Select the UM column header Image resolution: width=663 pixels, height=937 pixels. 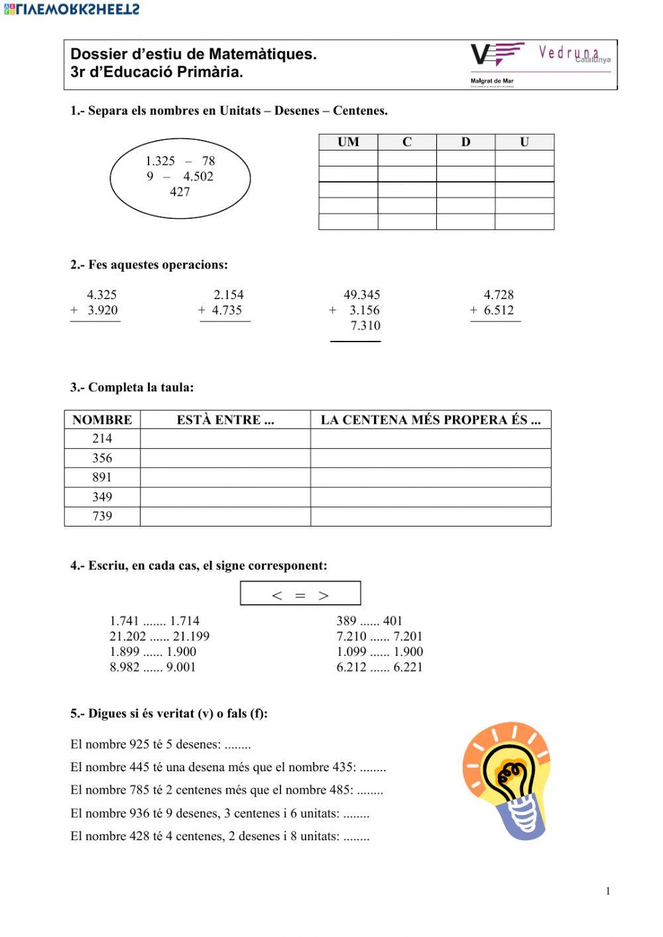(x=348, y=142)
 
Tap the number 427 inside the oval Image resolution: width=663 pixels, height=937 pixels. (x=180, y=192)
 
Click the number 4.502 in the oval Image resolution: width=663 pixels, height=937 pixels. (x=198, y=176)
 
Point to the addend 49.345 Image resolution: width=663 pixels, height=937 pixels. (x=361, y=295)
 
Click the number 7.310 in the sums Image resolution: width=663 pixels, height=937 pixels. (x=365, y=326)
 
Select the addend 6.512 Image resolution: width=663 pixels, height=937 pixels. (x=499, y=310)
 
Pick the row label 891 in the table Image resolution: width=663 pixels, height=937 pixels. (x=102, y=477)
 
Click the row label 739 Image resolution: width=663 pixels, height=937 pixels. (x=102, y=517)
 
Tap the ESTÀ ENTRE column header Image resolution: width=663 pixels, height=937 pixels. (x=225, y=420)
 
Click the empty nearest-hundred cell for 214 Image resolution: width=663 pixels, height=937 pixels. (x=430, y=439)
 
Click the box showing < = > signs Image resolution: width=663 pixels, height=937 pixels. (x=300, y=594)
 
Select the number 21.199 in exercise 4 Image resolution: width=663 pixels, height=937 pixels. (x=191, y=637)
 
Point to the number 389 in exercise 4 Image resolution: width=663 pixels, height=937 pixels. (x=346, y=621)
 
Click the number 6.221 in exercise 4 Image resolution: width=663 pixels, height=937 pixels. (x=408, y=667)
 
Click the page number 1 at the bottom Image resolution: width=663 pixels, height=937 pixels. (x=607, y=891)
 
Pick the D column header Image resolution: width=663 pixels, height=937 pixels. (x=465, y=142)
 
